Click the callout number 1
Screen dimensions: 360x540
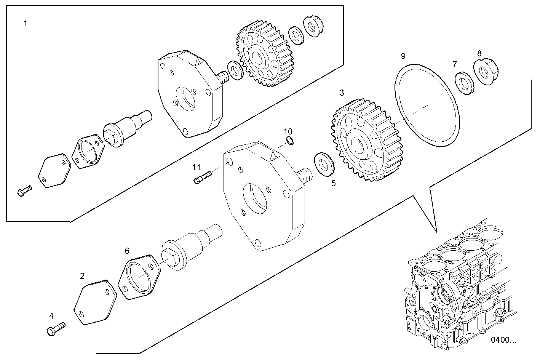(26, 24)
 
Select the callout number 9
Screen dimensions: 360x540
(403, 57)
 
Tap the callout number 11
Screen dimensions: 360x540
(196, 167)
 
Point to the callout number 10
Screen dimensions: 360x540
(288, 132)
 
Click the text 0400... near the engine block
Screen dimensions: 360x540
(503, 340)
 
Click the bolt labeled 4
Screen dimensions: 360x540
(56, 328)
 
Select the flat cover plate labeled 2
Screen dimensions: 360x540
(94, 302)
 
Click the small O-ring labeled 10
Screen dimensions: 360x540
(290, 141)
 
